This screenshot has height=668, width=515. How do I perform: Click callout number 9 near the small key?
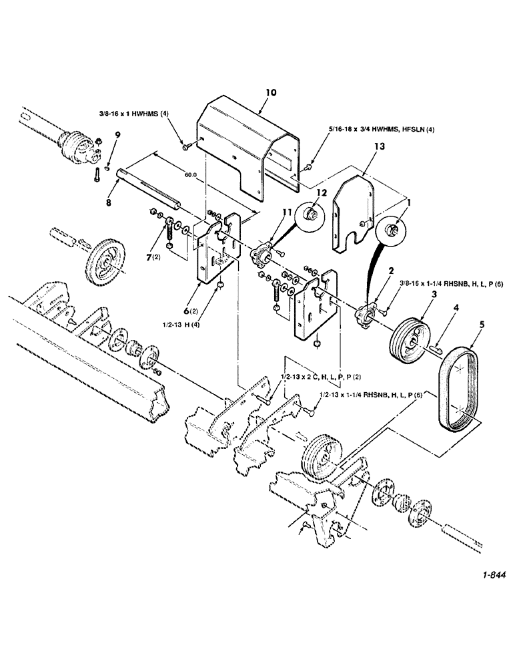pos(117,136)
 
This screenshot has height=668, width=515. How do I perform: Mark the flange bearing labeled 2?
pos(368,313)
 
